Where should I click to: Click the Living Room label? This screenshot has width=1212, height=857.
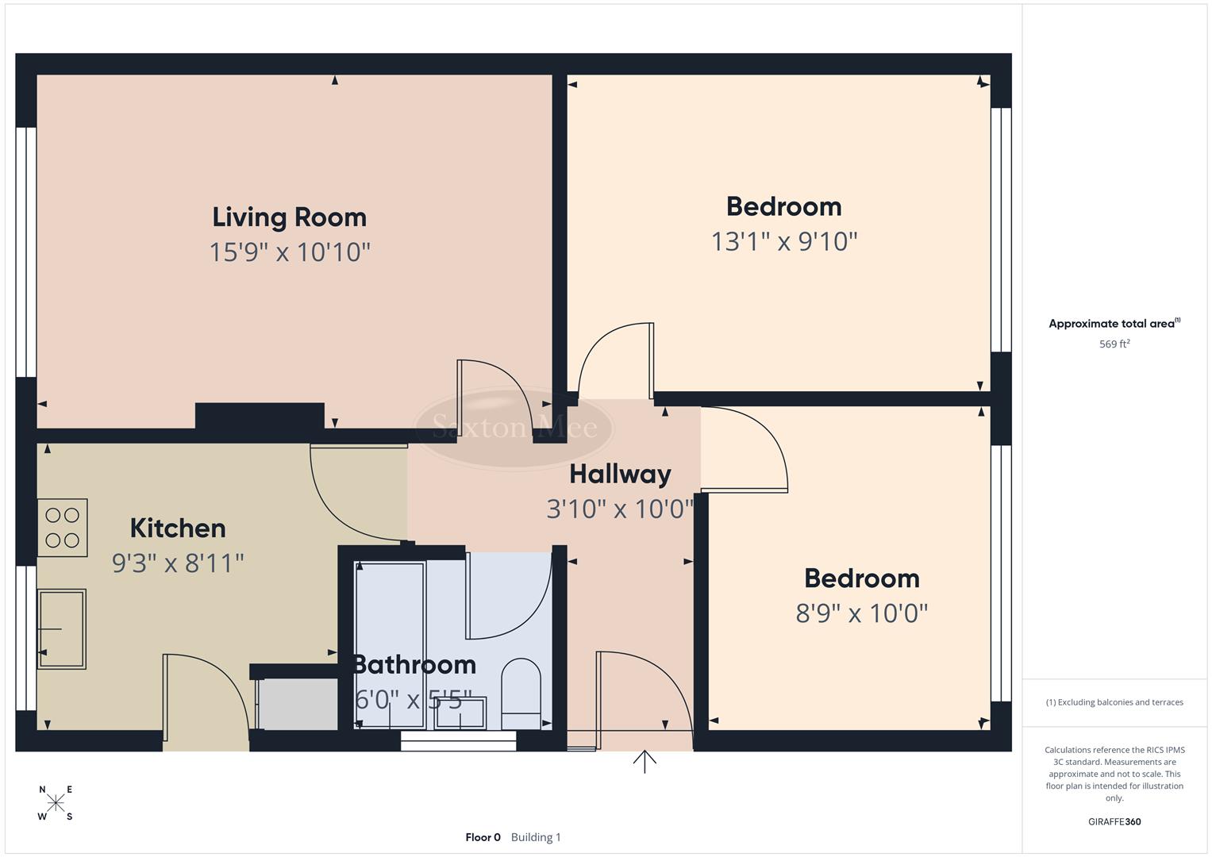[x=290, y=217]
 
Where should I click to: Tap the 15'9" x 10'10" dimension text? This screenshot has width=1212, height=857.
[x=290, y=252]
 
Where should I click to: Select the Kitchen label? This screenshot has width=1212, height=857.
[x=178, y=528]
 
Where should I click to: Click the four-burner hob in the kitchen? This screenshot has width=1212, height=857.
[x=62, y=528]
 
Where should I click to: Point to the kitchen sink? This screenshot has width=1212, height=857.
[x=61, y=628]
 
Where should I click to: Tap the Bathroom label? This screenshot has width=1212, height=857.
[x=414, y=664]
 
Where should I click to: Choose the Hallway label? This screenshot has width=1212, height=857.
[x=620, y=474]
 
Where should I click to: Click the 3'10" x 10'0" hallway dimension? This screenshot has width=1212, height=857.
[x=620, y=509]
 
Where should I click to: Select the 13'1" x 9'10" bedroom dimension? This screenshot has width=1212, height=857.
[x=784, y=241]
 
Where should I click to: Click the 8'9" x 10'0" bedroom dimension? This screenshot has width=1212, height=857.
[x=862, y=613]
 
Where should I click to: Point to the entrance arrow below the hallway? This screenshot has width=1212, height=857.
[x=644, y=762]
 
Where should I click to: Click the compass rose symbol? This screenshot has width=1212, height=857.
[x=56, y=803]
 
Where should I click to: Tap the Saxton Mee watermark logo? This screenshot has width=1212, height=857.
[x=514, y=428]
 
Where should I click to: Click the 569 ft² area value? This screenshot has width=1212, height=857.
[x=1114, y=344]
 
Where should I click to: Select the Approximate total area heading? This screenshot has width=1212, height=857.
[x=1114, y=324]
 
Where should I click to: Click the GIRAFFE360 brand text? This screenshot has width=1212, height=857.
[x=1114, y=821]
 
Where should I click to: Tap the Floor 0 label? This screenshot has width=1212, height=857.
[x=483, y=837]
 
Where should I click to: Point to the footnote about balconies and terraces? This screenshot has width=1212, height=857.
[x=1114, y=702]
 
